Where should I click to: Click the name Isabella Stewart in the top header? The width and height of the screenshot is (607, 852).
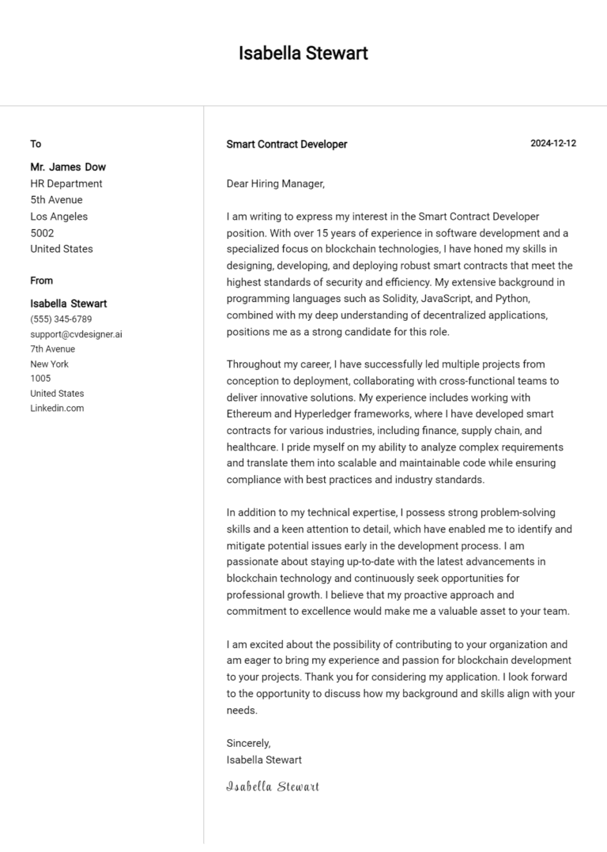303,54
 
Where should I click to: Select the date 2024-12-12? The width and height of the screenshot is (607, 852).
553,144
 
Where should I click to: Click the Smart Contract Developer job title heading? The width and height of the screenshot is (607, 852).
287,145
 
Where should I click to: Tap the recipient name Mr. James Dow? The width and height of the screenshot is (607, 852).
68,167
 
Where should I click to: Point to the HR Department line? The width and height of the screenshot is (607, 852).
66,183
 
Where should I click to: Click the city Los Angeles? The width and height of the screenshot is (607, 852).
59,217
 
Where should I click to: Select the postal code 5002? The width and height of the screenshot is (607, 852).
42,233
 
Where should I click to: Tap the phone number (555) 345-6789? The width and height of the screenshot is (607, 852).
61,319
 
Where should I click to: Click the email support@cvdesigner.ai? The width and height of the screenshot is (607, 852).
76,334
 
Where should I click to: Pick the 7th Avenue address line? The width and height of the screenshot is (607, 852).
53,349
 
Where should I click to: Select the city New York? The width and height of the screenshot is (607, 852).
50,364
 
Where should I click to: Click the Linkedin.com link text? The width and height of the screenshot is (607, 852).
57,409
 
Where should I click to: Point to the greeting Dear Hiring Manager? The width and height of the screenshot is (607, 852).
276,183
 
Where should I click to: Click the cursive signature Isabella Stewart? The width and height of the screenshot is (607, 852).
273,786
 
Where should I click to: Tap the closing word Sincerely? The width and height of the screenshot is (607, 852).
249,743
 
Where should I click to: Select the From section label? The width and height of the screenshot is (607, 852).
42,281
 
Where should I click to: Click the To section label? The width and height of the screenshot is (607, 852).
36,144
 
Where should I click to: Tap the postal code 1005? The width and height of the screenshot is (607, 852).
40,379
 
